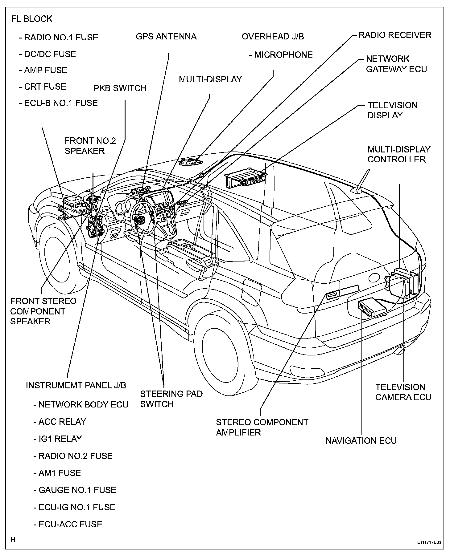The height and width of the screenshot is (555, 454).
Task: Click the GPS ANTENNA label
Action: click(x=166, y=37)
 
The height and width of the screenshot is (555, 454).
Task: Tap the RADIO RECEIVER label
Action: click(x=394, y=35)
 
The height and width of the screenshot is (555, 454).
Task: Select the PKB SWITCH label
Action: click(x=120, y=88)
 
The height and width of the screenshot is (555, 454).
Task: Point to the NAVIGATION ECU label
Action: click(x=361, y=441)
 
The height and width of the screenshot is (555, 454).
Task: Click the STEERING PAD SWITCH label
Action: click(x=171, y=399)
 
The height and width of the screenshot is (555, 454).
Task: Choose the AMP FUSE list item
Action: click(x=43, y=70)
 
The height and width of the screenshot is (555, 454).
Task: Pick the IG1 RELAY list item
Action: click(x=58, y=439)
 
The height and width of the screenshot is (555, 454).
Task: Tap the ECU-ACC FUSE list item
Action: click(x=68, y=525)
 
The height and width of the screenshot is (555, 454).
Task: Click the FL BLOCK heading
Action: click(x=32, y=19)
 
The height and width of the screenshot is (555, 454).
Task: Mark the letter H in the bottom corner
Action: click(x=13, y=540)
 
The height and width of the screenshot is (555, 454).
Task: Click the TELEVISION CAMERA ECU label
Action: click(x=403, y=392)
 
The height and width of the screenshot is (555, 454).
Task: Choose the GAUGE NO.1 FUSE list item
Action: click(x=75, y=490)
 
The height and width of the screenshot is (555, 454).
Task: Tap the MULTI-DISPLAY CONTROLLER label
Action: click(x=398, y=154)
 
